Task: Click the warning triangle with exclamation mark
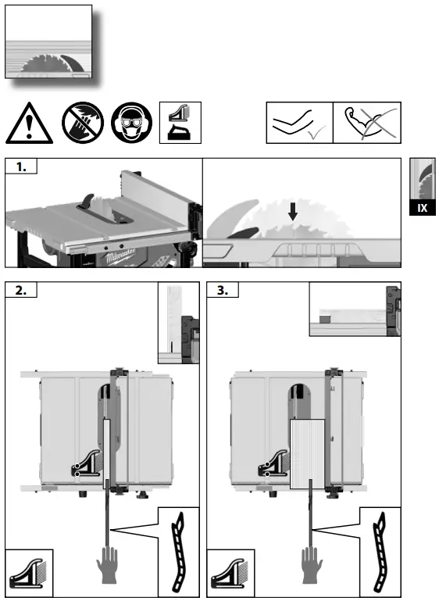pyautogui.click(x=28, y=123)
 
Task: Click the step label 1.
pyautogui.click(x=21, y=166)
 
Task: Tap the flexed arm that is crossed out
pyautogui.click(x=366, y=123)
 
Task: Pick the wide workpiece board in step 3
pyautogui.click(x=311, y=453)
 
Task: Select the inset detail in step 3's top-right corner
pyautogui.click(x=355, y=310)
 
